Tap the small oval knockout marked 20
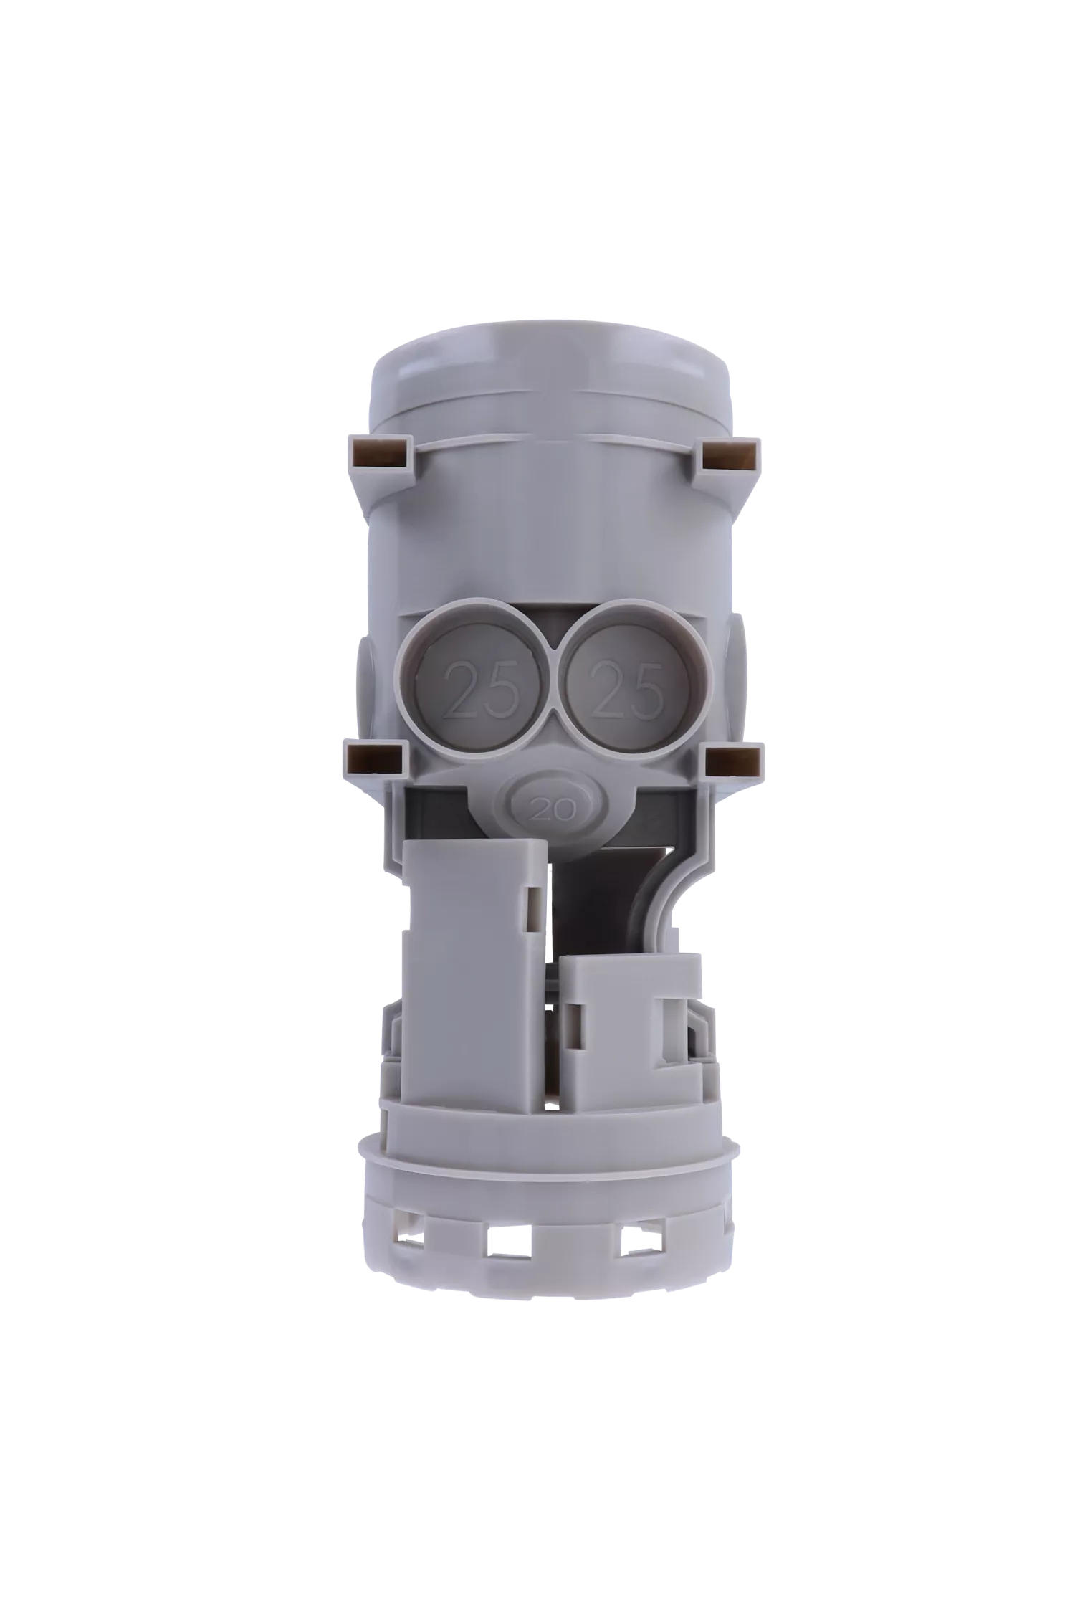pos(551,809)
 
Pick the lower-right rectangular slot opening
pos(734,758)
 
